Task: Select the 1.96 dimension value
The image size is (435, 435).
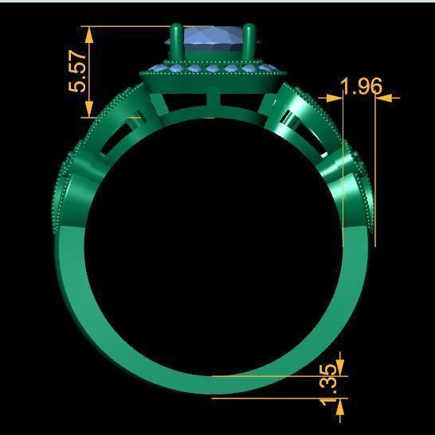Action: pos(360,86)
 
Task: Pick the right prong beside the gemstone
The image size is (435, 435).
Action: pos(251,43)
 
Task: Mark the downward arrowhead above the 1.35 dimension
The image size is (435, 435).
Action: pos(341,367)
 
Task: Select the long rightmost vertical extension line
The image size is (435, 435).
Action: pos(374,175)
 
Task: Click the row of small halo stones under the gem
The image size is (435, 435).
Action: pos(212,69)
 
